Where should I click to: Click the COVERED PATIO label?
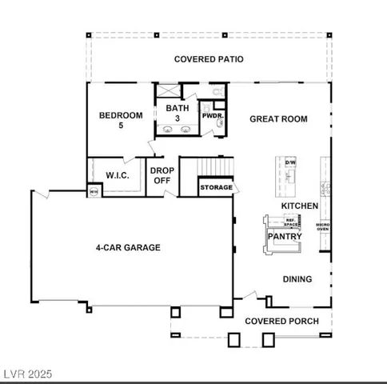pos(209,59)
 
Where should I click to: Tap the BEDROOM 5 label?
pos(121,120)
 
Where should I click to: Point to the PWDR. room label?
pos(212,116)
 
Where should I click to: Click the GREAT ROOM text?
pos(278,119)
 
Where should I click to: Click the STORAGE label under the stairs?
pos(217,188)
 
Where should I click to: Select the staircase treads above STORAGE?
pos(216,166)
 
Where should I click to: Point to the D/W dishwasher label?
pos(290,162)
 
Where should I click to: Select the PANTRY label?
pos(283,237)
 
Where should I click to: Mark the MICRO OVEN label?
pos(322,227)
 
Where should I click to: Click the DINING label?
pos(297,279)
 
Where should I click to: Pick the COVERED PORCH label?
pos(281,321)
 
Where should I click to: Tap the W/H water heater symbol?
pos(94,191)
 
